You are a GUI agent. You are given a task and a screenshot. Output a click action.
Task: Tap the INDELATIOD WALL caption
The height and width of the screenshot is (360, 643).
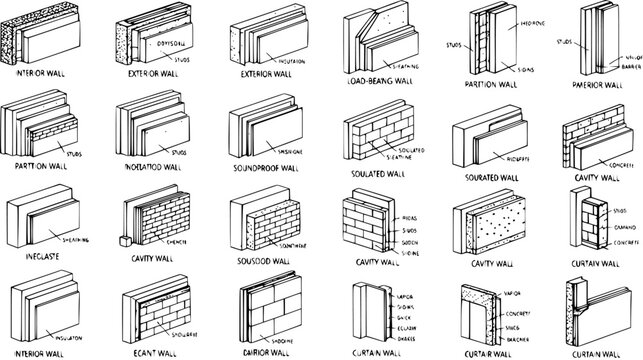[x=152, y=167]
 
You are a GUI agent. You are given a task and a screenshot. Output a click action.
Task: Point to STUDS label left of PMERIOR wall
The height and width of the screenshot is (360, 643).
[x=564, y=43]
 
